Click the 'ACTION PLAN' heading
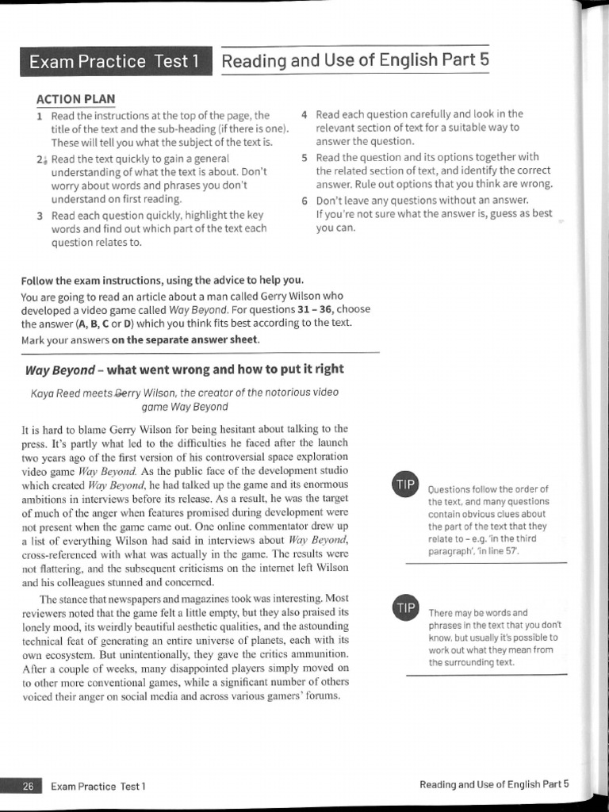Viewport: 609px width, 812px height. [x=75, y=99]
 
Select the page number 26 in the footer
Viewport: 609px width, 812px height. [x=28, y=786]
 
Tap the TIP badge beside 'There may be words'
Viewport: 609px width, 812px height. [x=405, y=608]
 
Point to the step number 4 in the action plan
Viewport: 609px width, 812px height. [x=305, y=114]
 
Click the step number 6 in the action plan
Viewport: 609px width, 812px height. [x=305, y=200]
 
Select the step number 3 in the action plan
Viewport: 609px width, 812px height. [x=40, y=215]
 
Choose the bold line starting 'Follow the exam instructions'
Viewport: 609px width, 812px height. [x=162, y=280]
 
